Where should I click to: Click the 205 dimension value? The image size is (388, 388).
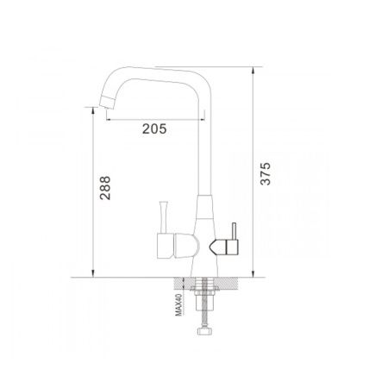(x=154, y=128)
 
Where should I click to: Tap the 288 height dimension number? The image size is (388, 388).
(x=105, y=188)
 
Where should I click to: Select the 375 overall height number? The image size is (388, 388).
(x=265, y=173)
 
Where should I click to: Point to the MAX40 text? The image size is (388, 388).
(x=178, y=304)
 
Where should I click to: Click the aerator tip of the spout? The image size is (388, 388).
(x=107, y=102)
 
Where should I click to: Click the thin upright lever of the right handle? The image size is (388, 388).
(x=234, y=231)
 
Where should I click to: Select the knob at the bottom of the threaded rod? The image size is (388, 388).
(x=204, y=331)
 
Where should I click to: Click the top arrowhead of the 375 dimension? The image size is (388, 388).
(x=253, y=71)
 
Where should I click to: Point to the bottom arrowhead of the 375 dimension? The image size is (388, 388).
(x=253, y=274)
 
